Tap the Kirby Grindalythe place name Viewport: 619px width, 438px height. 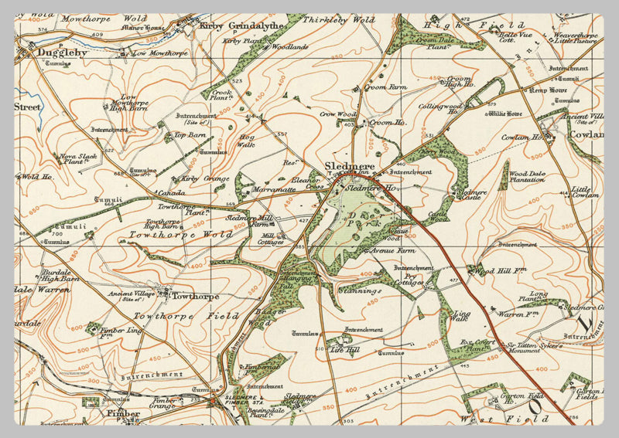click(242, 25)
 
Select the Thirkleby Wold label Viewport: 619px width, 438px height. click(338, 20)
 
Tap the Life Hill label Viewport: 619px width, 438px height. click(344, 350)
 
